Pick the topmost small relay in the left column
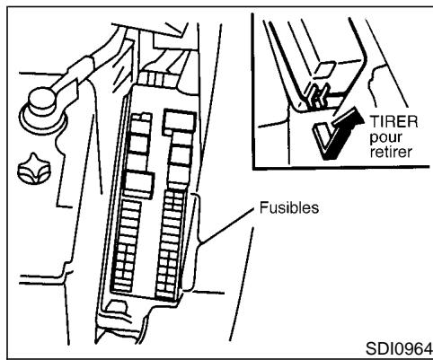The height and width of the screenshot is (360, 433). [x=141, y=119]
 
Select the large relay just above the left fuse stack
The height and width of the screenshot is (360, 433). [x=139, y=185]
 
